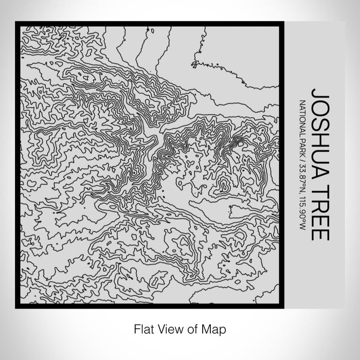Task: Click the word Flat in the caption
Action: coord(143,328)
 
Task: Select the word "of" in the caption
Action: coord(189,328)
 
